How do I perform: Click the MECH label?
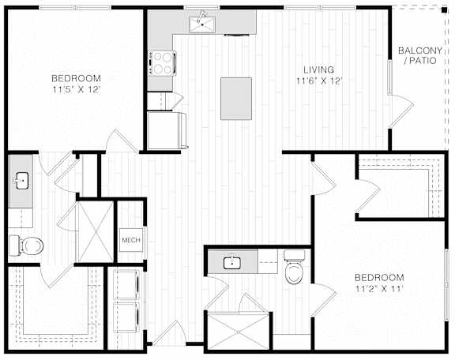(x=131, y=240)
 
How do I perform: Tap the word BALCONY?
(x=420, y=51)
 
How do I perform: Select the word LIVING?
(x=318, y=69)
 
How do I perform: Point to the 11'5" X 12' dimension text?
(x=77, y=89)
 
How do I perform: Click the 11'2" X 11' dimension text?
(x=379, y=289)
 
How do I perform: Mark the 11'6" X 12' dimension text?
(x=318, y=81)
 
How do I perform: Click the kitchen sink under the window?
(x=202, y=24)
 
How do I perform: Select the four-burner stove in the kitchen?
(x=162, y=63)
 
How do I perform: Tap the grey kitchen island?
(x=236, y=99)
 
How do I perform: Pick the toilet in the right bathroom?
(x=294, y=267)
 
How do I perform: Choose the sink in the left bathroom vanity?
(x=21, y=181)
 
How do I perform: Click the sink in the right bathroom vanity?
(x=232, y=263)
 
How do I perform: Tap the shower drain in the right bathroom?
(x=238, y=332)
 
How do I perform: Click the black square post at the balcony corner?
(x=444, y=10)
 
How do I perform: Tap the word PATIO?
(x=423, y=61)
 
